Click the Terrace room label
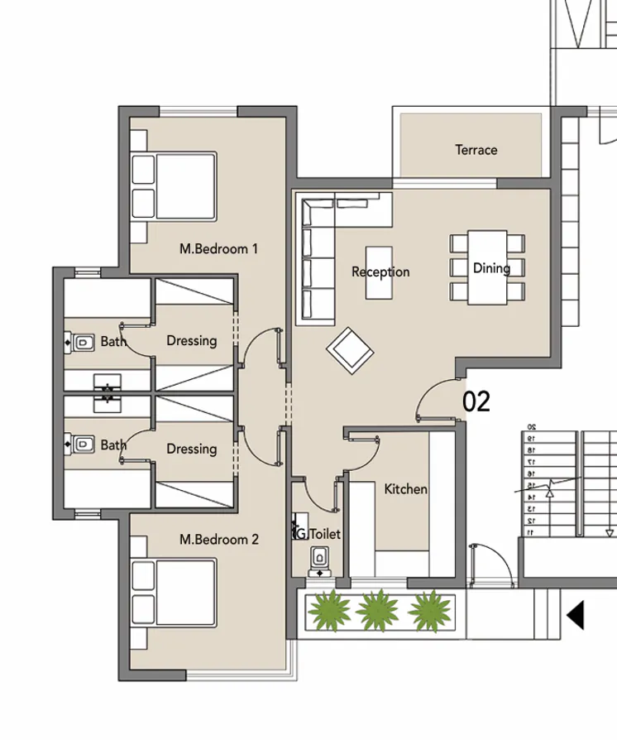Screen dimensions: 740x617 tap(476, 150)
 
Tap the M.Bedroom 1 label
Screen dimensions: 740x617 tap(219, 247)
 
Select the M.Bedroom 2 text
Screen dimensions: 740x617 tap(219, 540)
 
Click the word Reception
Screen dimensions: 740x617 tap(380, 271)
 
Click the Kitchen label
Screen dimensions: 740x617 tap(405, 489)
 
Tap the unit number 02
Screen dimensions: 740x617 tap(476, 401)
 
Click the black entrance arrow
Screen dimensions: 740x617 tap(576, 615)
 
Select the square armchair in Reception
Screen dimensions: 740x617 tap(351, 348)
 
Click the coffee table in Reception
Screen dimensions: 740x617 tap(379, 272)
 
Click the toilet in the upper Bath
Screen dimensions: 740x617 tap(81, 341)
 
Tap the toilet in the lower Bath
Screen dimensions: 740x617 tap(81, 445)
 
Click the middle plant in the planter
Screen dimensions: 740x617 tap(377, 612)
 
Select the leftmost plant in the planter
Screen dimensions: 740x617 tap(328, 612)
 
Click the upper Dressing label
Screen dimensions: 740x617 tap(192, 340)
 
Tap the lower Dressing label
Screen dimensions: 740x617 tap(192, 449)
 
